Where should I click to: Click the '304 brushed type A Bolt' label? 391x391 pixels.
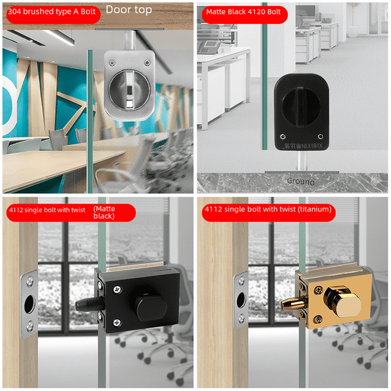49,11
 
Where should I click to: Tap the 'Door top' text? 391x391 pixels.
128,10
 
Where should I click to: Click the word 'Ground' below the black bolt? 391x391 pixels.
301,181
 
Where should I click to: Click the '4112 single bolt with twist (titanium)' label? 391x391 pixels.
269,210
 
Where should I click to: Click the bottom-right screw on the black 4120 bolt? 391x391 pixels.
320,136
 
